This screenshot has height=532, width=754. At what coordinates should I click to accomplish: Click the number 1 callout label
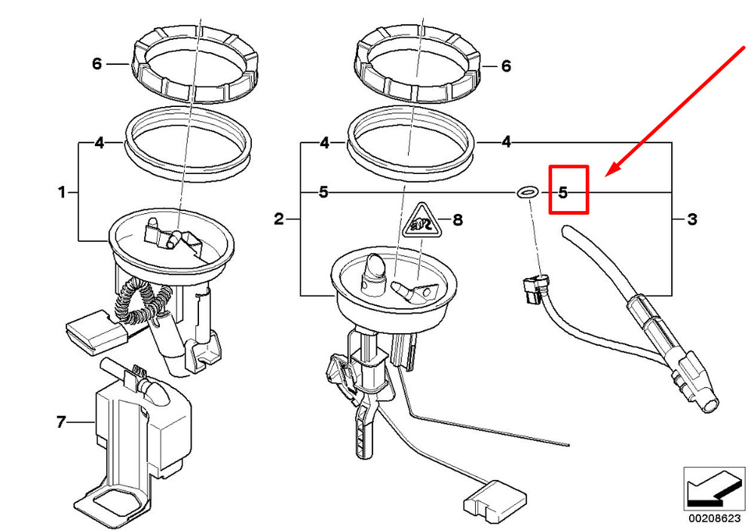click(62, 193)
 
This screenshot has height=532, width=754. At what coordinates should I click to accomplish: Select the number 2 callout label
click(279, 219)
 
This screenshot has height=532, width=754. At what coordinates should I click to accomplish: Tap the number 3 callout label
click(692, 219)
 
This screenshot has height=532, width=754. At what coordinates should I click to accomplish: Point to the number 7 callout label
click(60, 422)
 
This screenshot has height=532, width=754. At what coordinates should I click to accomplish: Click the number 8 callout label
click(458, 220)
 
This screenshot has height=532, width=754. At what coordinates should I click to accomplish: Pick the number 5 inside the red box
click(563, 193)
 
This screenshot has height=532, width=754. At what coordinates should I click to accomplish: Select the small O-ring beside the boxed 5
click(528, 193)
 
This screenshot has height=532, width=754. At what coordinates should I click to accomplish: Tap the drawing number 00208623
click(715, 518)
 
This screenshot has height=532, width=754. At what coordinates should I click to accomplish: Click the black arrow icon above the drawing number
click(714, 489)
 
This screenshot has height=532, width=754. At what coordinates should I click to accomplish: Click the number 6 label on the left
click(97, 63)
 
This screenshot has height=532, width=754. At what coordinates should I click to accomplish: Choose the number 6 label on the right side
click(506, 66)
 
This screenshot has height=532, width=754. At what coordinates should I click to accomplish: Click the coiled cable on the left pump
click(142, 301)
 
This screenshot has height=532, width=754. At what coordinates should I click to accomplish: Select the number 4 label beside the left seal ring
click(99, 142)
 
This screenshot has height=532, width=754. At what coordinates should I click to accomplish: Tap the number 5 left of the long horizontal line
click(323, 193)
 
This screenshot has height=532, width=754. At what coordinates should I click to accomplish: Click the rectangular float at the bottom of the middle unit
click(495, 502)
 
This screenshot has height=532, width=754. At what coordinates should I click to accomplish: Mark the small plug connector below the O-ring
click(534, 288)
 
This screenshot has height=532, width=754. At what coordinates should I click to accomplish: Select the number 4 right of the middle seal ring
click(506, 142)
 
